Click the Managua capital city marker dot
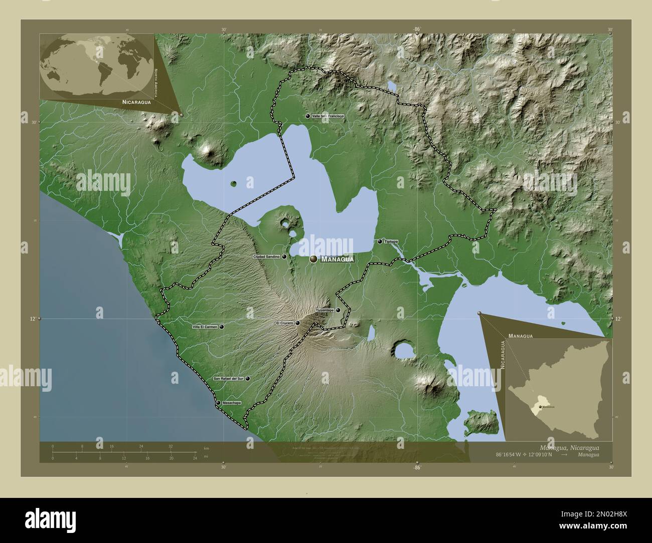(313, 259)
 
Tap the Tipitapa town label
(391, 242)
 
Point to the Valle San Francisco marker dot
(307, 116)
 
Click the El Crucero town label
(284, 323)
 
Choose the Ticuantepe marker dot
(338, 310)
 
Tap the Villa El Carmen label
(205, 327)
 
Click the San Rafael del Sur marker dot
(247, 379)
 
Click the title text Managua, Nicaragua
(569, 447)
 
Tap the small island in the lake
(233, 183)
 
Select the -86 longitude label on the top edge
(417, 30)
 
